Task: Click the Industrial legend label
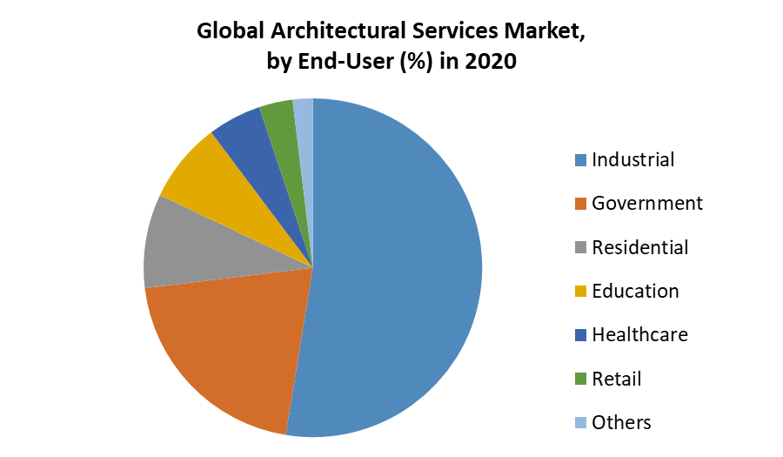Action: [633, 160]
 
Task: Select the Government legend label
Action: [647, 204]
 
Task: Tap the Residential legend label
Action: [640, 247]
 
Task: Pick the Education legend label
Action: [635, 292]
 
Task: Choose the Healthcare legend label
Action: [640, 335]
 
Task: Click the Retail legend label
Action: [617, 379]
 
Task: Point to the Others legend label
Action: [621, 423]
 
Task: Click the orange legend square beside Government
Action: [580, 205]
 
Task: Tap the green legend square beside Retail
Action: [580, 380]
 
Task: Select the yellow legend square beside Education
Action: [580, 292]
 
